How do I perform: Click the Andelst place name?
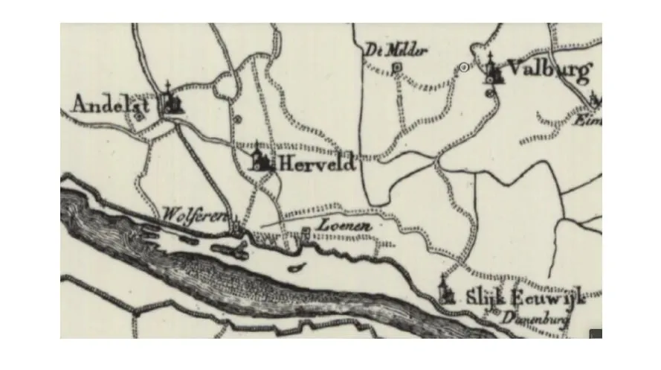click(110, 104)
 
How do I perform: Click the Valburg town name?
click(548, 71)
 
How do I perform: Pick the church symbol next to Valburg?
click(493, 70)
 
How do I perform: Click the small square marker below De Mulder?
click(396, 68)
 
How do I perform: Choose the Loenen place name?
click(341, 224)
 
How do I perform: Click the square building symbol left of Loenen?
click(306, 235)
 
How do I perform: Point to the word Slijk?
click(484, 297)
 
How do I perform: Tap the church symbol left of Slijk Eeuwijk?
click(447, 291)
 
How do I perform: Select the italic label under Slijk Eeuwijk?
click(540, 317)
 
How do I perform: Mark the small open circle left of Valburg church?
click(465, 68)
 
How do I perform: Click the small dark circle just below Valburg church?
click(489, 92)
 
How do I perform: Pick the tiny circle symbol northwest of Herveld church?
click(237, 118)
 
